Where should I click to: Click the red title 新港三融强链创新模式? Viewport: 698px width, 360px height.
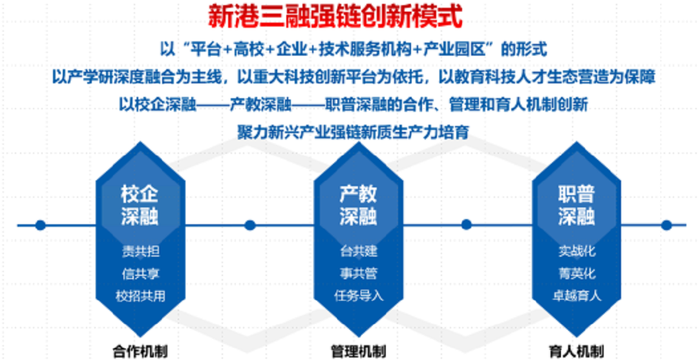pos(336,17)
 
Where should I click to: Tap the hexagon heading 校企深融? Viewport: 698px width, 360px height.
pos(140,206)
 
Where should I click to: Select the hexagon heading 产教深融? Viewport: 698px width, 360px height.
pos(358,206)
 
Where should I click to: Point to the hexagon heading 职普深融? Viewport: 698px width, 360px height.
pos(577,206)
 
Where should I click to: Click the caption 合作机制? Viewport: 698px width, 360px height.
pos(140,352)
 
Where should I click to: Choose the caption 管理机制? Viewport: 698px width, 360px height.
pos(358,352)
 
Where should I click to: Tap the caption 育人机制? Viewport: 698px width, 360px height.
pos(577,350)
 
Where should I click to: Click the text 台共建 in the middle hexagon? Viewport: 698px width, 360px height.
pos(359,251)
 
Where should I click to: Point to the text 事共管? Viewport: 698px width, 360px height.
pos(359,273)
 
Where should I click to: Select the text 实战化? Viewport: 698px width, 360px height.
pos(577,251)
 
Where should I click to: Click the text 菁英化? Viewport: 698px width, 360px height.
pos(577,273)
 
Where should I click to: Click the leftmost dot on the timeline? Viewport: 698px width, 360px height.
pos(41,225)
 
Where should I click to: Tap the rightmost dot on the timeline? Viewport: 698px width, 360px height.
pos(666,225)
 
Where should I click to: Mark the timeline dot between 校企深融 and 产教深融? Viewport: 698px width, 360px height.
pos(249,225)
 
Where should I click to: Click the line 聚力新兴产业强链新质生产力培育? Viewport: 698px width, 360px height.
pos(353,132)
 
